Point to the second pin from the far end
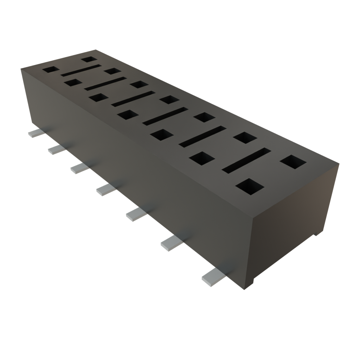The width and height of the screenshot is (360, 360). point(56,150)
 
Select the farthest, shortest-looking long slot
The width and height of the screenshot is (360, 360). point(80,70)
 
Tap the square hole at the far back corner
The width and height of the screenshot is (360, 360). point(89,59)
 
